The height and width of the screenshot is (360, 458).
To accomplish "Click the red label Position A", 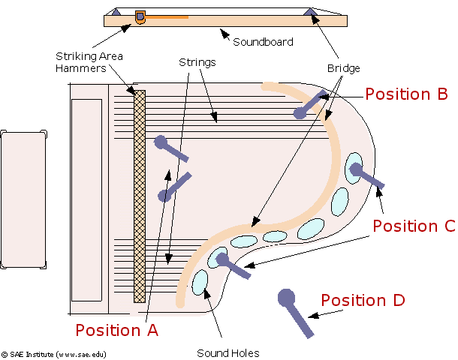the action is pyautogui.click(x=117, y=330).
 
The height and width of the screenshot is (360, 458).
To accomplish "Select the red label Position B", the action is pyautogui.click(x=406, y=94).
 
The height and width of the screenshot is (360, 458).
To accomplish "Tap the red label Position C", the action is pyautogui.click(x=414, y=226).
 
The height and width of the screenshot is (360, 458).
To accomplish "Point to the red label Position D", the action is pyautogui.click(x=363, y=300).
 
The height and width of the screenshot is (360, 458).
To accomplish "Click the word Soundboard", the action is pyautogui.click(x=263, y=42).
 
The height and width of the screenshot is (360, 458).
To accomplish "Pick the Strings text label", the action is pyautogui.click(x=197, y=62).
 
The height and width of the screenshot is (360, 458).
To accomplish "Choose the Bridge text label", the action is pyautogui.click(x=344, y=68).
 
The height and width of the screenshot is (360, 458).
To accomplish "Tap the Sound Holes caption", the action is pyautogui.click(x=228, y=353).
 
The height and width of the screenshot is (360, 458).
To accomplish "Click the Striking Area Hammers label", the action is pyautogui.click(x=89, y=62).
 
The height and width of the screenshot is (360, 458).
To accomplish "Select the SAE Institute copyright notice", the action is pyautogui.click(x=54, y=355).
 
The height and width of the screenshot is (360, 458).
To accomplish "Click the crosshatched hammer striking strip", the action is pyautogui.click(x=140, y=196).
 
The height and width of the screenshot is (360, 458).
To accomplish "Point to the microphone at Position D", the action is pyautogui.click(x=295, y=313).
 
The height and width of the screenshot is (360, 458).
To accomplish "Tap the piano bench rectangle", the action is pyautogui.click(x=23, y=199).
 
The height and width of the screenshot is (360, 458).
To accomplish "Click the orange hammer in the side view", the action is pyautogui.click(x=140, y=17).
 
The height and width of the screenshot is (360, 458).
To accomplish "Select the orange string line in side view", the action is pyautogui.click(x=167, y=17).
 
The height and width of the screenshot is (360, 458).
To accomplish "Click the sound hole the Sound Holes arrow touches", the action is pyautogui.click(x=200, y=283).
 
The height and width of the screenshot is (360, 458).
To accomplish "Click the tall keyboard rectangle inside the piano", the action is pyautogui.click(x=87, y=200).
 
